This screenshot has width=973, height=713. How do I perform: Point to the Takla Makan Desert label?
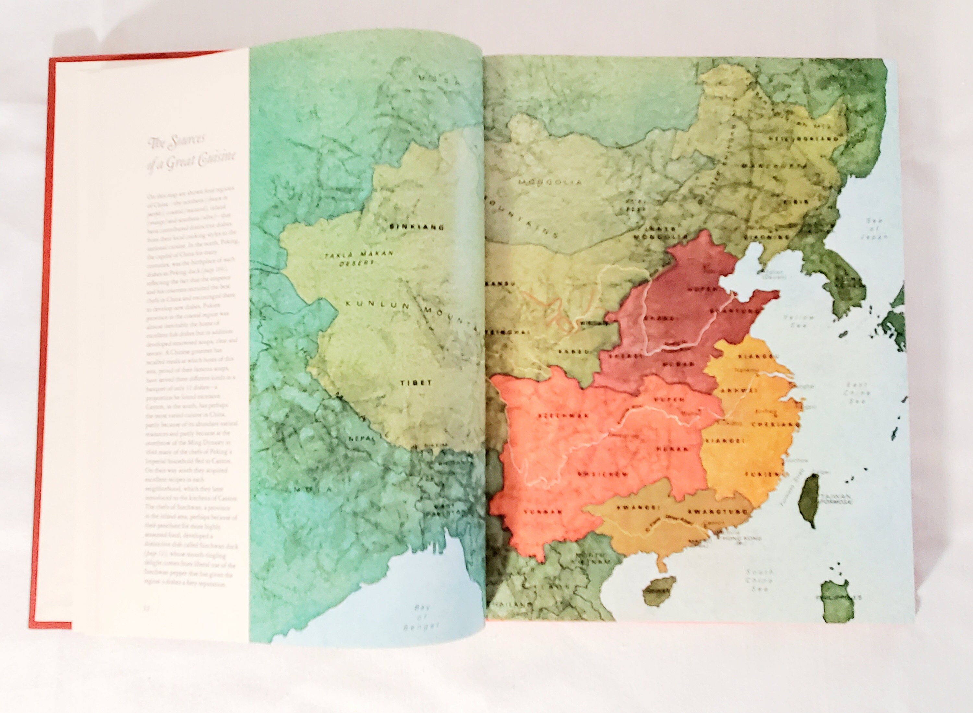359,258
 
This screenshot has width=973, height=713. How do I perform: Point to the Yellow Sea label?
799,321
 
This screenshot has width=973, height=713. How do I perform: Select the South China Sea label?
760,580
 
